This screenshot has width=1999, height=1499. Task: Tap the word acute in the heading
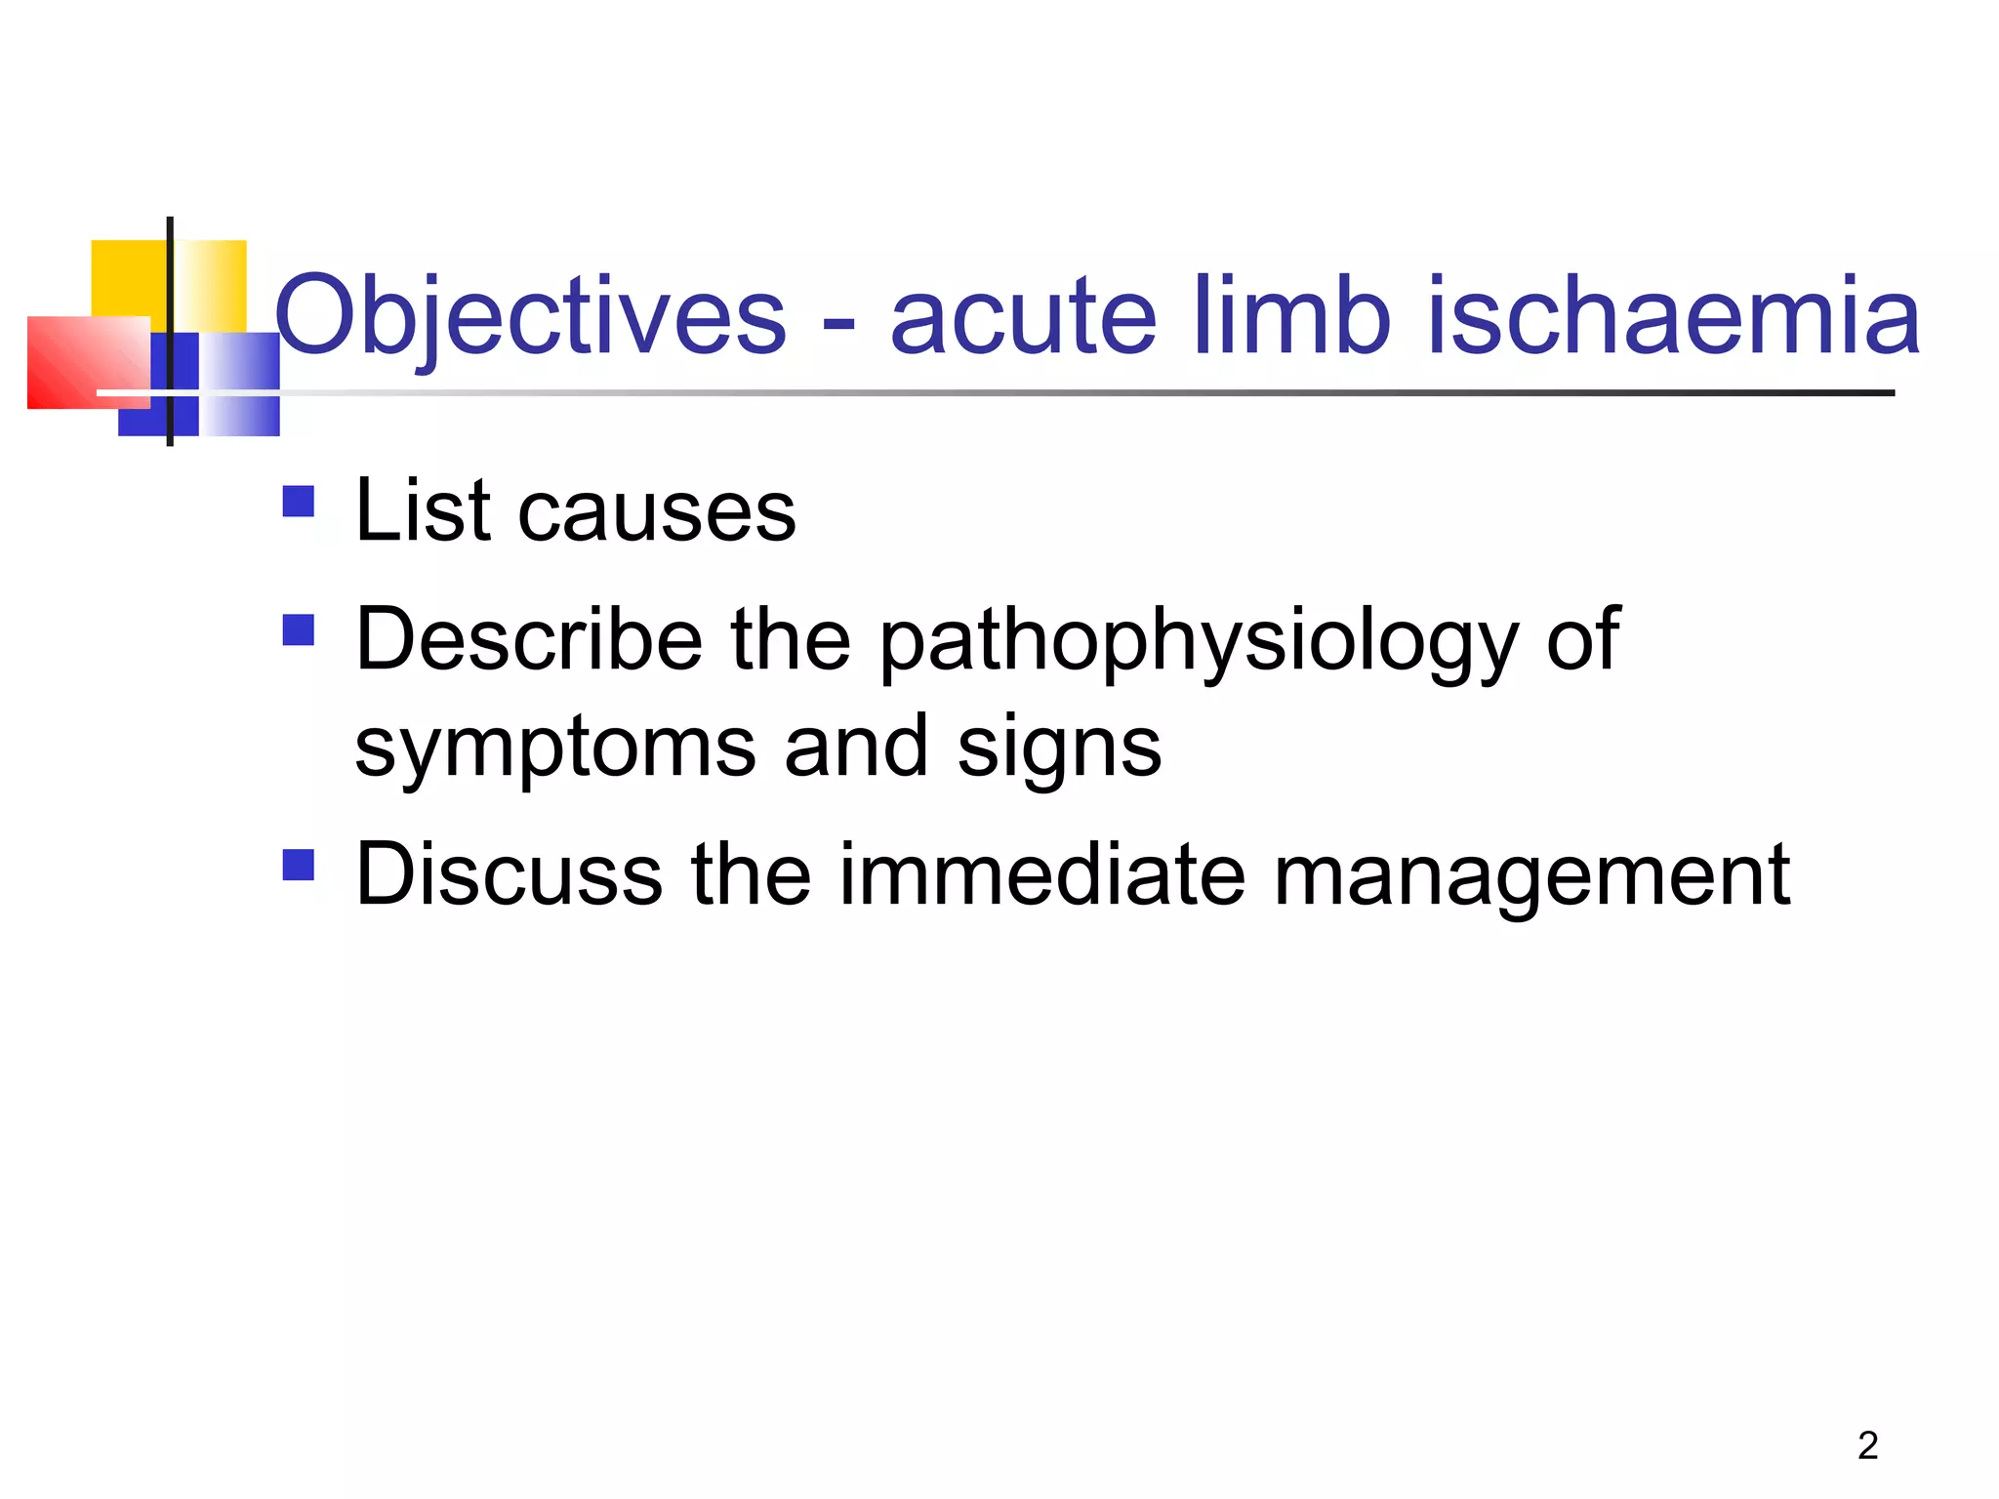(x=1023, y=317)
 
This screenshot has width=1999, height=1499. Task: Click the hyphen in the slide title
(x=838, y=322)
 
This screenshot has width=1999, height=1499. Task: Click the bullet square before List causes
(x=299, y=502)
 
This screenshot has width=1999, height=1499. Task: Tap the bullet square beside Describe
(x=299, y=629)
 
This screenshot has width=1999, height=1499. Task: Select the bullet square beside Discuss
(x=299, y=865)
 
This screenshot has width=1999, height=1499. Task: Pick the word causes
(x=657, y=514)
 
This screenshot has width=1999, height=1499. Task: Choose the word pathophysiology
(x=1200, y=644)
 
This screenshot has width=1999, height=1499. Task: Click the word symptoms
(x=554, y=749)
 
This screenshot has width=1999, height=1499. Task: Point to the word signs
(x=1059, y=749)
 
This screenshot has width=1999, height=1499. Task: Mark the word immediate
(x=1041, y=874)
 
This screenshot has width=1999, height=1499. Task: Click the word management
(x=1531, y=878)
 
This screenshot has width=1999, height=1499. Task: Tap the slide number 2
(x=1867, y=1445)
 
